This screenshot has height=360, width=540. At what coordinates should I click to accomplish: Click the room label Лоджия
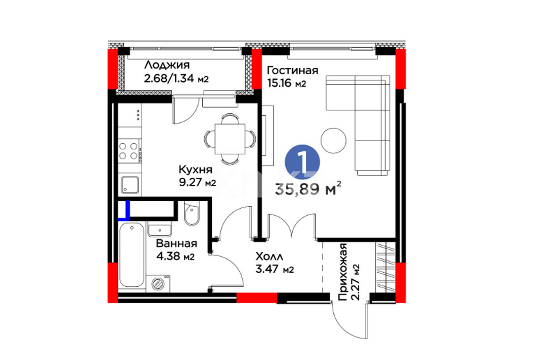click(167, 66)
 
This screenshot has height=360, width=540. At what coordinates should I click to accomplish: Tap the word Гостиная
click(293, 71)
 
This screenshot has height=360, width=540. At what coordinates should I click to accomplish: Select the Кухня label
click(195, 170)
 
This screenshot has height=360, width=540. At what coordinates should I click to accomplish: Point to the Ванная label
click(176, 244)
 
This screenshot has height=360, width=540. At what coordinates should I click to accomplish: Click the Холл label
click(269, 256)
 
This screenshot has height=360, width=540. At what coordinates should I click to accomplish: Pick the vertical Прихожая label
click(343, 272)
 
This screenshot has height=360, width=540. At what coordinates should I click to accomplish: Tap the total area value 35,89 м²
click(308, 189)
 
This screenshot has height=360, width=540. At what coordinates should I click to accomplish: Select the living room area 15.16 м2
click(287, 83)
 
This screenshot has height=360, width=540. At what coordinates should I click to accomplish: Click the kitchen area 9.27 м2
click(197, 182)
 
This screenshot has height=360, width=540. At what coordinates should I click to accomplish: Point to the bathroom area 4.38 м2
click(175, 256)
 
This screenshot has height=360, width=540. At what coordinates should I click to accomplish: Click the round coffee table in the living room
click(333, 141)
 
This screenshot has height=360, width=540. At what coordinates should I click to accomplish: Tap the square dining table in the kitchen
click(230, 139)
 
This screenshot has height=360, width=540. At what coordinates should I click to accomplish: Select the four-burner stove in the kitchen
click(130, 151)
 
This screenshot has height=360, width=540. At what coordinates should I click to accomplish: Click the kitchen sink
click(130, 185)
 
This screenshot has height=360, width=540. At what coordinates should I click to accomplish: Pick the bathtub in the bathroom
click(132, 255)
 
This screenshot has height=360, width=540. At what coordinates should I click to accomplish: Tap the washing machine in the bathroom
click(157, 283)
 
